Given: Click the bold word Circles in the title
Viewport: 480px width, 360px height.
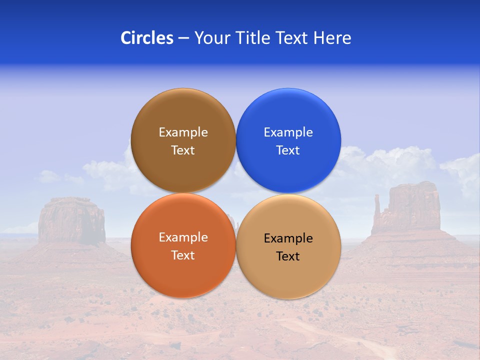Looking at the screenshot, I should (147, 37).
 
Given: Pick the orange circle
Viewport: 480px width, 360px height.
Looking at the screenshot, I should (183, 270).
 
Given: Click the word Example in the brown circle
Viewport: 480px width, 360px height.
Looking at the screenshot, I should (183, 132).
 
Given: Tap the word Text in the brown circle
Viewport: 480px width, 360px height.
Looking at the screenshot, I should (183, 150).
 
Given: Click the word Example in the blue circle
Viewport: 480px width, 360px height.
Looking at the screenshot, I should (288, 132).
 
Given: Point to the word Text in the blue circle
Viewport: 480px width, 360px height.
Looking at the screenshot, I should (288, 150).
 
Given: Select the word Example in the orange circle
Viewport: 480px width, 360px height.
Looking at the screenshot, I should (183, 237).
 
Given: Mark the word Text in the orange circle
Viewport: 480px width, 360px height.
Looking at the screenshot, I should (183, 255).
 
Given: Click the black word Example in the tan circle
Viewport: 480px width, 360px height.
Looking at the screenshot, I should (288, 238).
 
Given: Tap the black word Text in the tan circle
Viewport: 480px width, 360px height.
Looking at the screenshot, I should (288, 256).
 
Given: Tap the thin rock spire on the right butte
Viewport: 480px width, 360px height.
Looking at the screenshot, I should (376, 205).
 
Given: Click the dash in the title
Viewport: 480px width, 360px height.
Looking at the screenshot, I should (183, 38).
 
